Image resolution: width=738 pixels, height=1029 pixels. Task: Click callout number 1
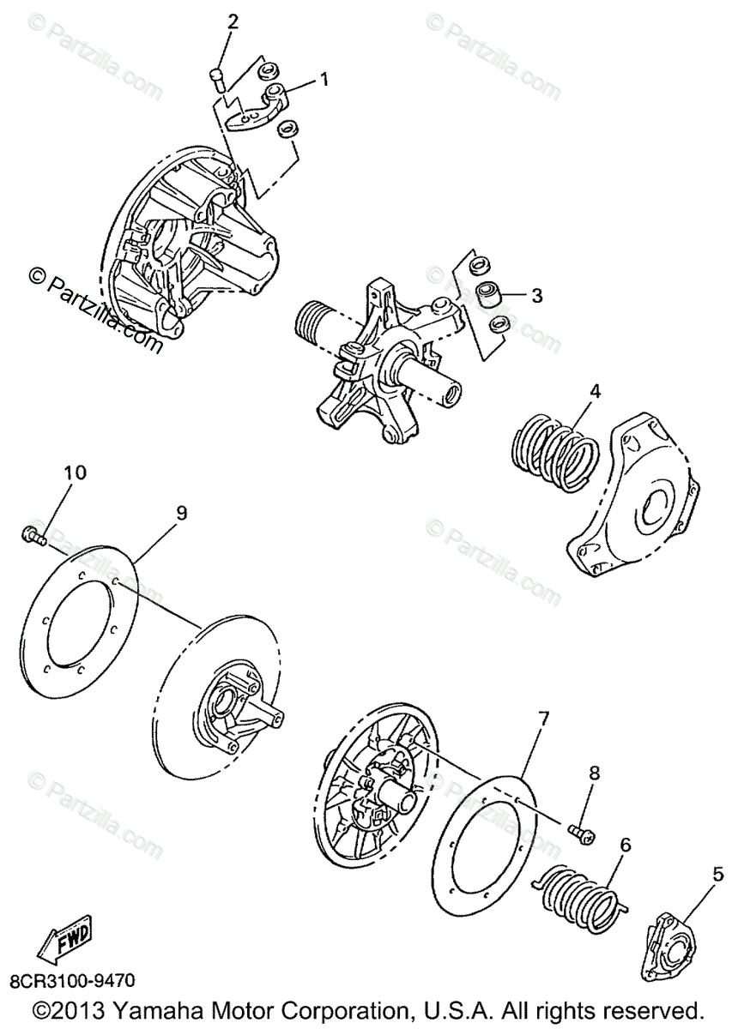[x=324, y=80]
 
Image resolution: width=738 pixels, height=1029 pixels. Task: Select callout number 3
[x=536, y=296]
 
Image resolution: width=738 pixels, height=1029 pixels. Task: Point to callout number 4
[x=594, y=392]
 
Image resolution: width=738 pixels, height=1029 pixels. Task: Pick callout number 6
[x=625, y=845]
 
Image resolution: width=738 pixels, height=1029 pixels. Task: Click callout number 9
[x=181, y=512]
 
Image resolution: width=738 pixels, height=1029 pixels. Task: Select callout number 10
[x=75, y=472]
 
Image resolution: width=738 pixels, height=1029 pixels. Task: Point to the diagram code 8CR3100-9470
[x=73, y=979]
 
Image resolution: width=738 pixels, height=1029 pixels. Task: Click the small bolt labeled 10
[x=32, y=535]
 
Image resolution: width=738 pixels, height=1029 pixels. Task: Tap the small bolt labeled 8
[x=583, y=830]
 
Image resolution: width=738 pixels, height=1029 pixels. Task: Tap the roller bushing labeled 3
[x=488, y=294]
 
